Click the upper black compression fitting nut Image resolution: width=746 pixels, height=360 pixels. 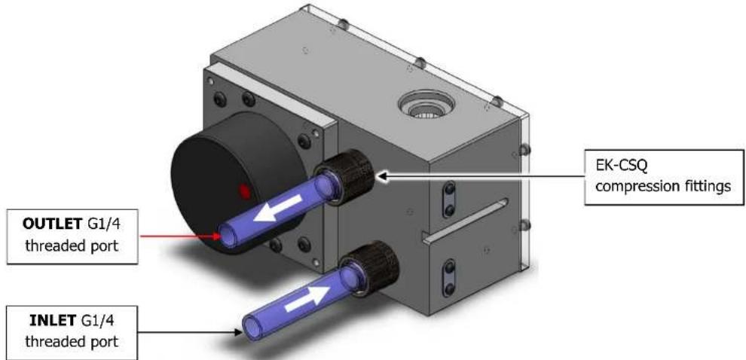tap(346, 175)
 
